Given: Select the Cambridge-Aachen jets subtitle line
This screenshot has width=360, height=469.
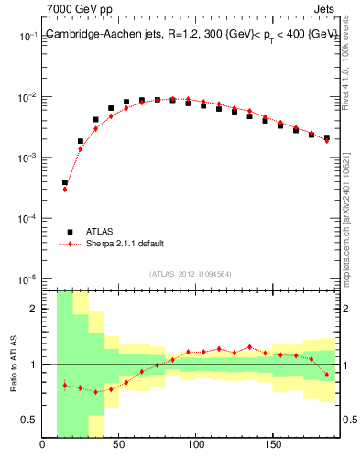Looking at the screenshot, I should pyautogui.click(x=183, y=34).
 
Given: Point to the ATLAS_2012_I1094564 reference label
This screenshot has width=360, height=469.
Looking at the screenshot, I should pyautogui.click(x=191, y=272).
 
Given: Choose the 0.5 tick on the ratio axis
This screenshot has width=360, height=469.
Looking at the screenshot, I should pyautogui.click(x=30, y=420).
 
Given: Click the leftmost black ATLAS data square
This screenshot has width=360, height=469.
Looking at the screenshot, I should pyautogui.click(x=65, y=182).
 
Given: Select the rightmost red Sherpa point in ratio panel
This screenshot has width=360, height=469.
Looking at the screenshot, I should pyautogui.click(x=327, y=375).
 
